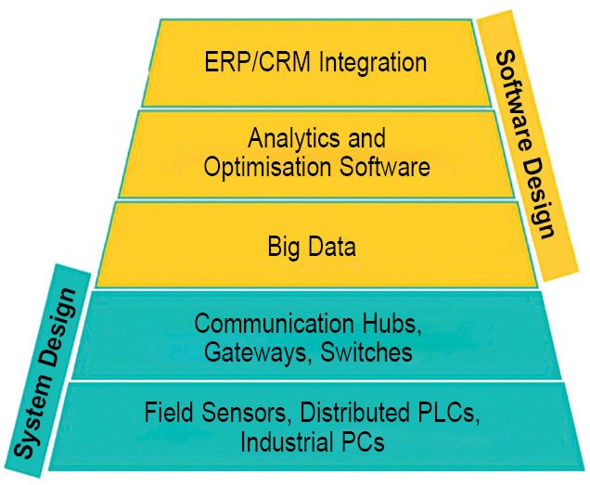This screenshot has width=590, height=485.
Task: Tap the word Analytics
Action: click(x=295, y=139)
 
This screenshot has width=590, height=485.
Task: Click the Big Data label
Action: click(x=312, y=247)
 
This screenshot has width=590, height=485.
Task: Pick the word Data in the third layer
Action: click(x=333, y=247)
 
